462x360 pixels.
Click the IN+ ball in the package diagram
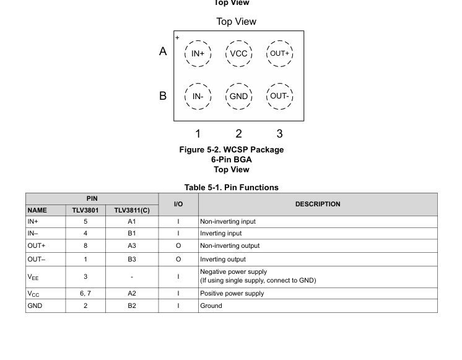coord(198,54)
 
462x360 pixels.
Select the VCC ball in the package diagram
coord(238,54)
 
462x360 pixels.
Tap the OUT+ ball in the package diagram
coord(279,54)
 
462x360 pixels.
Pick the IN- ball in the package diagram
coord(198,96)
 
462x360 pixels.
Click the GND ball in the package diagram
coord(238,96)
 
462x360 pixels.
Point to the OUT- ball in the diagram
coord(279,96)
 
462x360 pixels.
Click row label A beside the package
coord(163,51)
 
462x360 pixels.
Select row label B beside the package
coord(163,96)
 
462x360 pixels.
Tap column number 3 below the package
coord(279,133)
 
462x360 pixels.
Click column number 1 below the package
coord(198,133)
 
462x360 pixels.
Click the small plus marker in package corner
coord(177,38)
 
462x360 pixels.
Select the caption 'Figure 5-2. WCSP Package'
coord(231,150)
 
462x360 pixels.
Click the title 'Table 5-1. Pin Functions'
coord(231,187)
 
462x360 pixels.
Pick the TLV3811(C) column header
coord(132,210)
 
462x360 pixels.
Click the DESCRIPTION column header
coord(318,204)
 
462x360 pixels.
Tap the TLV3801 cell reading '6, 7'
coord(85,294)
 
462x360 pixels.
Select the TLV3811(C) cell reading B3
coord(132,259)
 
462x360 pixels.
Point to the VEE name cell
coord(33,276)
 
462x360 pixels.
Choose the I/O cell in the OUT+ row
coord(178,246)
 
